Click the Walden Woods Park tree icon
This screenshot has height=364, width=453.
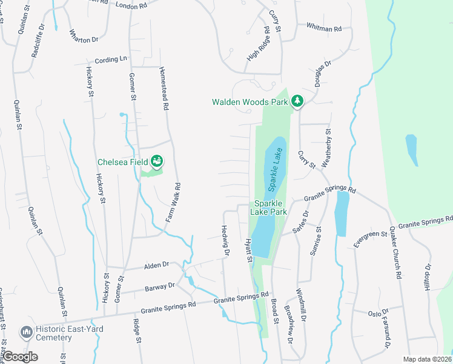[297, 101]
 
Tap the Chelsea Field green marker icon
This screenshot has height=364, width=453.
[157, 161]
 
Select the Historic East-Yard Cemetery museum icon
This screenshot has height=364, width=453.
[26, 332]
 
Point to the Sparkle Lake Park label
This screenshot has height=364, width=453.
[270, 207]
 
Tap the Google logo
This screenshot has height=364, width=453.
[21, 356]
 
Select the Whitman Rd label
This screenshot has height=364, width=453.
[324, 28]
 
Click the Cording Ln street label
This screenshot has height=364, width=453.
[111, 59]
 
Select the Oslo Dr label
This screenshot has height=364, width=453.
[379, 314]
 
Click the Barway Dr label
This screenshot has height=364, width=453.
[160, 286]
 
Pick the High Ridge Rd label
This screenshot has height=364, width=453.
[257, 44]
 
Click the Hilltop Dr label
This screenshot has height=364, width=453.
[427, 280]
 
